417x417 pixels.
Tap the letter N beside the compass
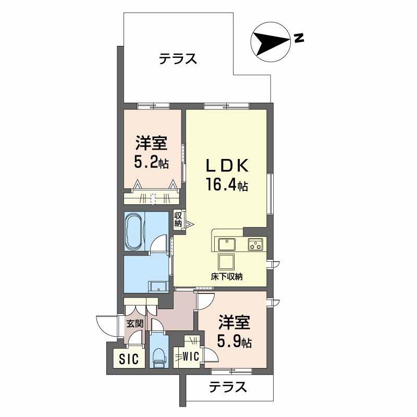click(299, 38)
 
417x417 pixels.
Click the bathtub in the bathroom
click(134, 231)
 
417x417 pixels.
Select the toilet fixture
click(159, 357)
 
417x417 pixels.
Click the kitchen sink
click(227, 244)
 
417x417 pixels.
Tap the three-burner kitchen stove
click(255, 244)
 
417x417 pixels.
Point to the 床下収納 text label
click(227, 277)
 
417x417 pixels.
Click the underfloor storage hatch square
click(226, 262)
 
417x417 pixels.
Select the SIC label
click(129, 359)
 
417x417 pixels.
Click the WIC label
click(191, 356)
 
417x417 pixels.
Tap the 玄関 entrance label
click(134, 324)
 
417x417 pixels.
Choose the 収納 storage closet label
click(178, 219)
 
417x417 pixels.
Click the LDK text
click(227, 166)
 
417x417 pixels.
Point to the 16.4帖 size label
click(227, 185)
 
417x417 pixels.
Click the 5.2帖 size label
click(152, 162)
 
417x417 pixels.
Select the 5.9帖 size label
click(234, 341)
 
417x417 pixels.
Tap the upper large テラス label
click(178, 58)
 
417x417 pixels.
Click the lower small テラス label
click(228, 387)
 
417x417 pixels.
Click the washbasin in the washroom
click(158, 287)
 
